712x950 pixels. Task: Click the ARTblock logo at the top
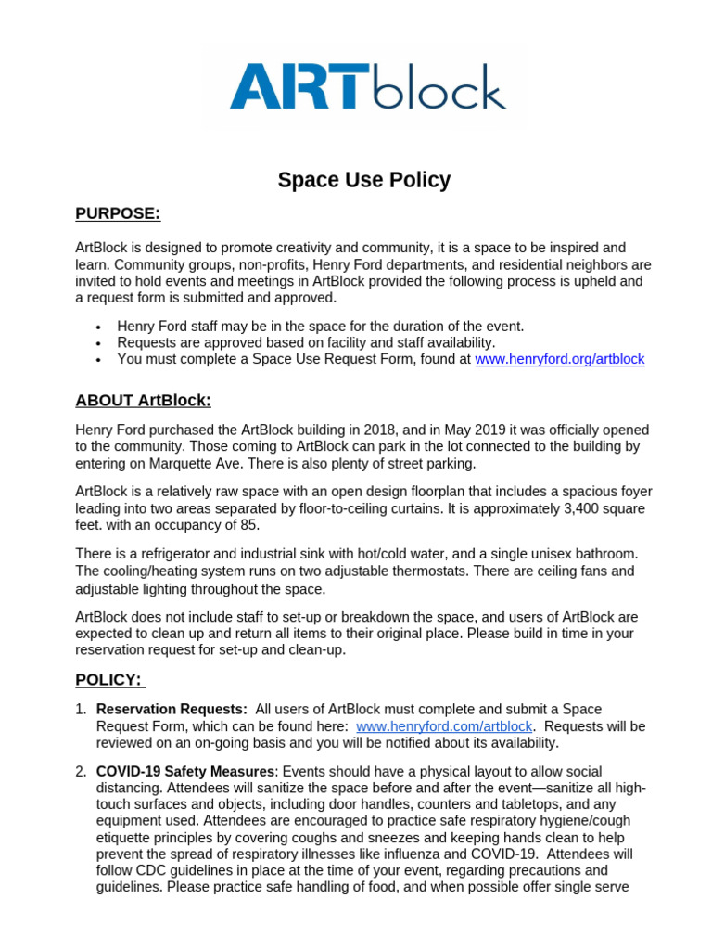[x=367, y=86]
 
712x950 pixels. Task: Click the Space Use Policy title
[x=363, y=180]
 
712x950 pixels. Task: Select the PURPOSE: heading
[x=118, y=214]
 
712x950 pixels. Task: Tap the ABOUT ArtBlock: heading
[x=143, y=400]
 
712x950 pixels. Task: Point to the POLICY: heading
[x=108, y=680]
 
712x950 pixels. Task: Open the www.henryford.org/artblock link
[x=559, y=359]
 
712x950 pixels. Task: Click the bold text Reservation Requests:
[x=172, y=710]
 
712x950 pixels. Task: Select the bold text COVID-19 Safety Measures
[x=185, y=772]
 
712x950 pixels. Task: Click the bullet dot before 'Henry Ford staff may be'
[x=98, y=327]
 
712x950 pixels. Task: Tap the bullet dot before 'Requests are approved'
[x=98, y=342]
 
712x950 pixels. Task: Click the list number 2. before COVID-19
[x=81, y=772]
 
